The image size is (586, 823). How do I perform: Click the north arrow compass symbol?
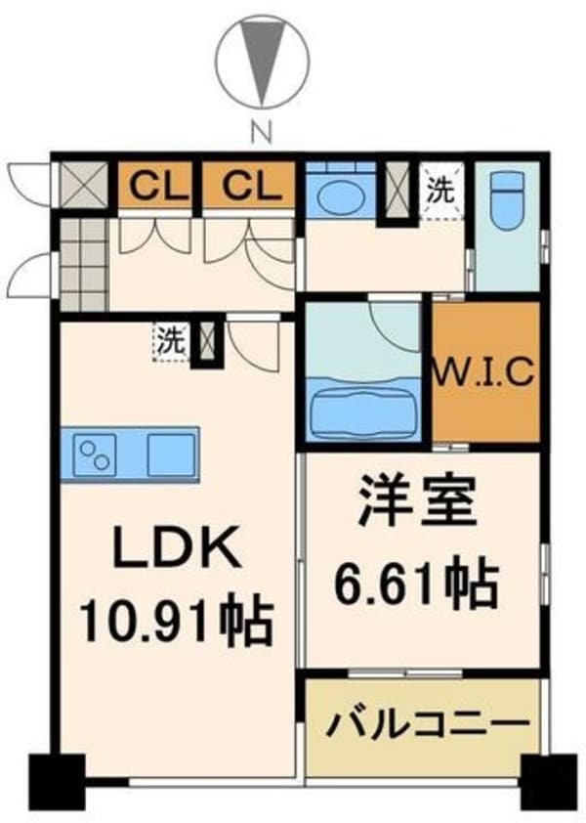261,61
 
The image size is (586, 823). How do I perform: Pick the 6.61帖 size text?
422,585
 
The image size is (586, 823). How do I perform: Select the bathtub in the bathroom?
364,411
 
